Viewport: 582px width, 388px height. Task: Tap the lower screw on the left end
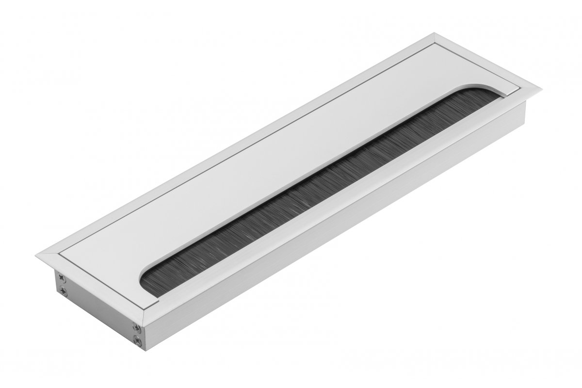coord(63,291)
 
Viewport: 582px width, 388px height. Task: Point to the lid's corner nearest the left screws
coord(59,253)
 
